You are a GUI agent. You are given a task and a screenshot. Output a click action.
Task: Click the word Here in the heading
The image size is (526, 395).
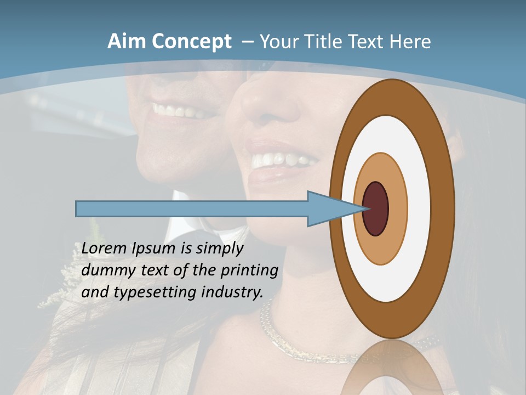click(x=410, y=42)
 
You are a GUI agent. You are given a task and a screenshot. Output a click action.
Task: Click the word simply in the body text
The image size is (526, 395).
click(x=219, y=249)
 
